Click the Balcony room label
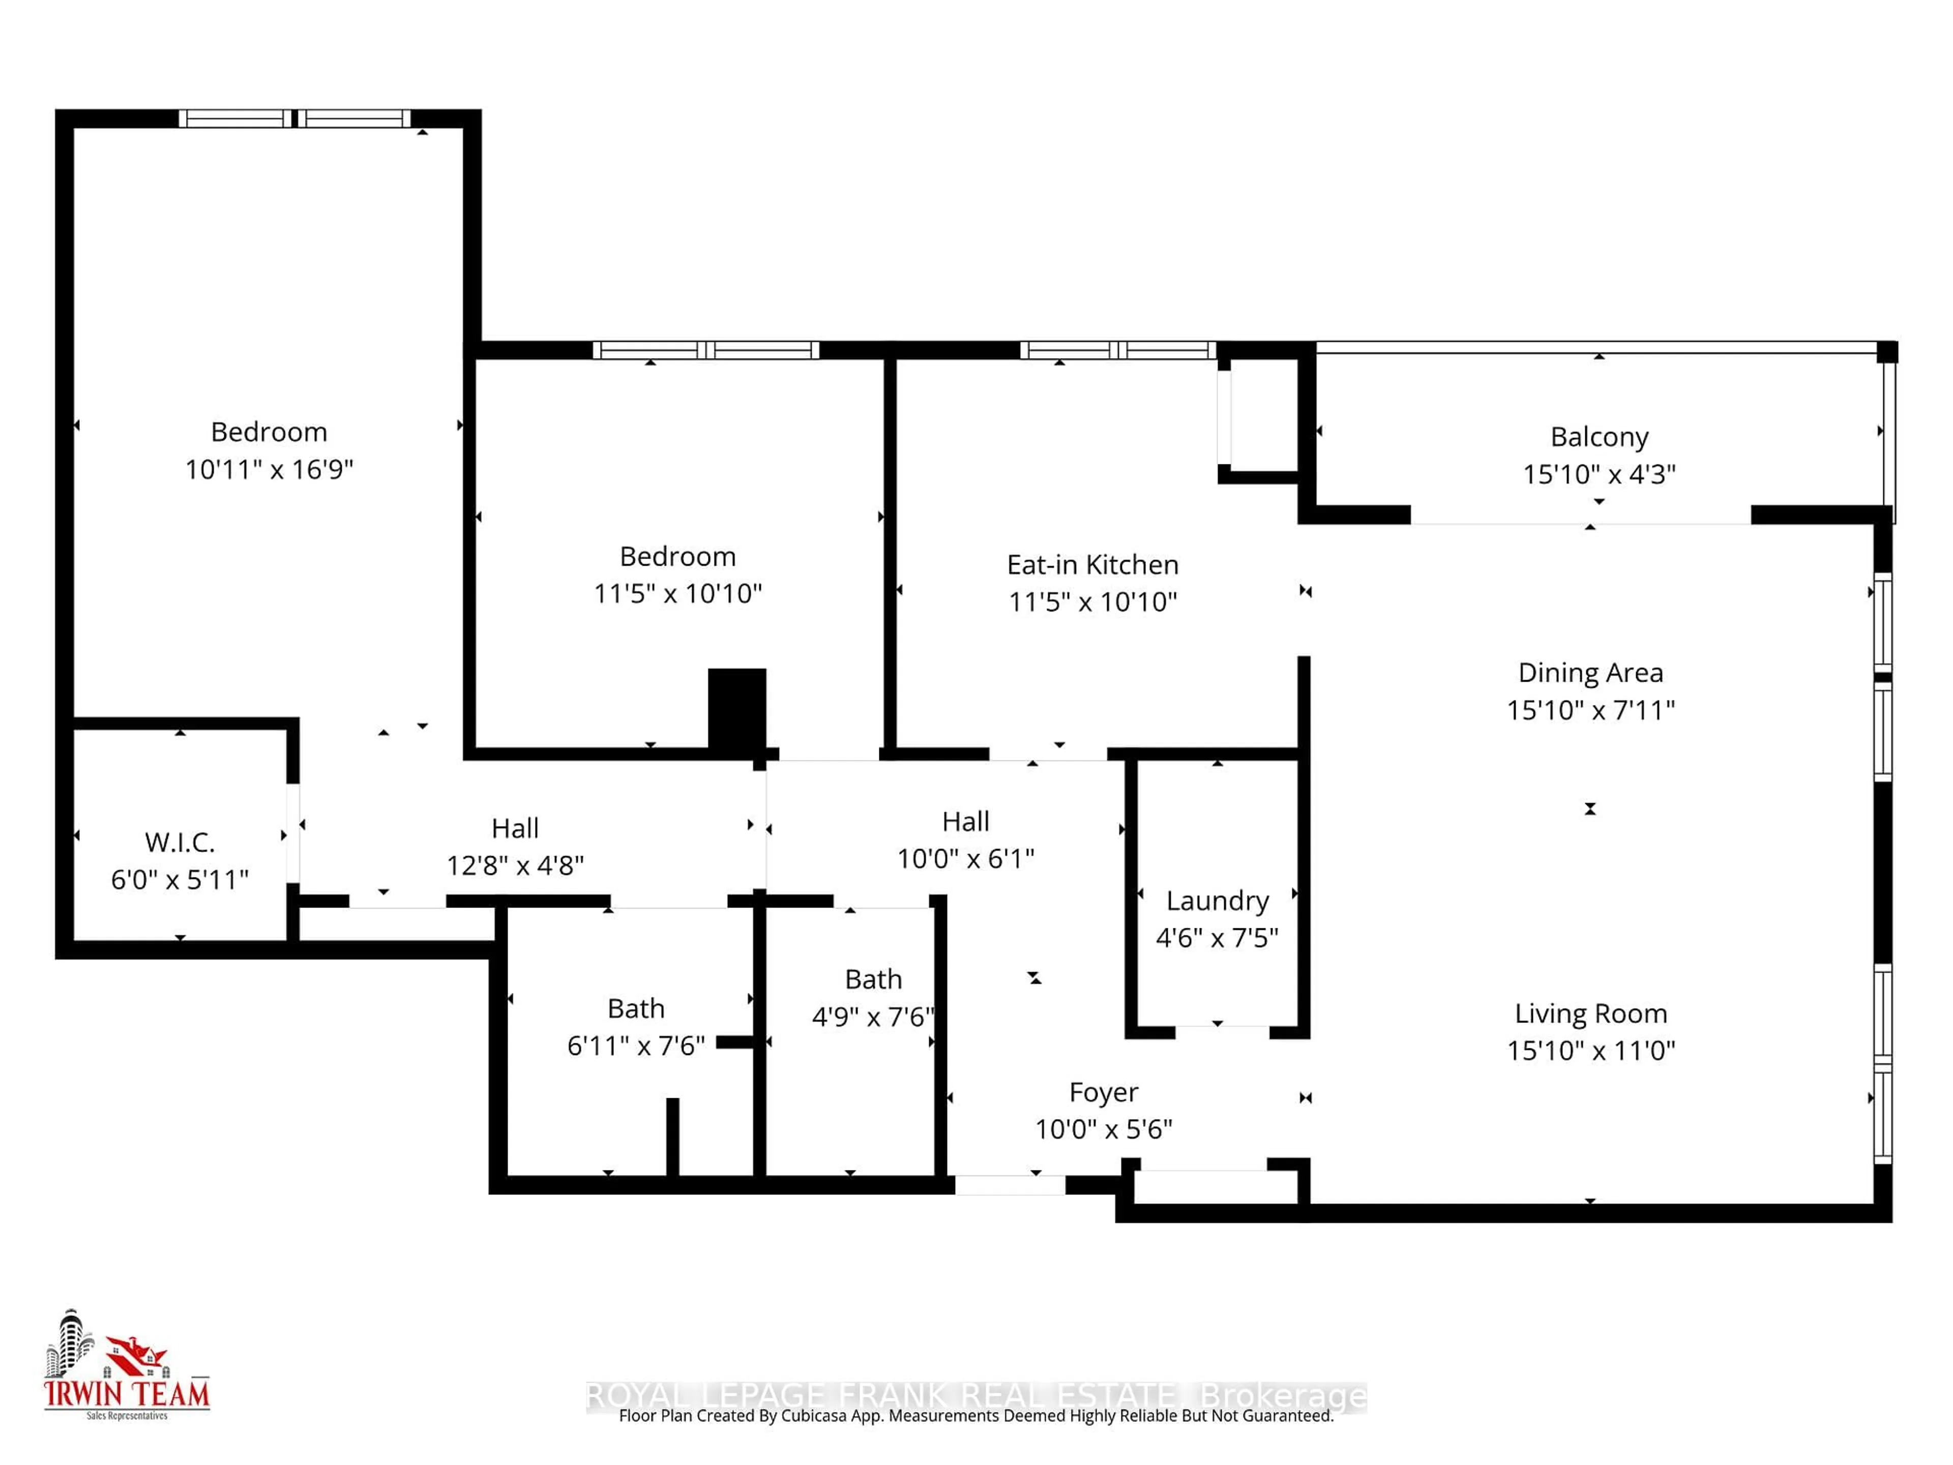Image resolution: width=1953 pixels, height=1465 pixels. pyautogui.click(x=1599, y=437)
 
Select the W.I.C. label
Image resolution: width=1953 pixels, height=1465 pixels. pyautogui.click(x=180, y=842)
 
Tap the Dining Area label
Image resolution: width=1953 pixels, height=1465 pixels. pyautogui.click(x=1590, y=673)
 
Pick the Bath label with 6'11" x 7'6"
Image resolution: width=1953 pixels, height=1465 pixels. pyautogui.click(x=636, y=1008)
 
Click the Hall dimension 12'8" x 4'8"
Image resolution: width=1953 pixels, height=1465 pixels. pyautogui.click(x=515, y=865)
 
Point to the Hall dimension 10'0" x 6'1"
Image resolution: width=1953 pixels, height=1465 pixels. pyautogui.click(x=965, y=858)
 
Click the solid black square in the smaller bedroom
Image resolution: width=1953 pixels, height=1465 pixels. pyautogui.click(x=736, y=708)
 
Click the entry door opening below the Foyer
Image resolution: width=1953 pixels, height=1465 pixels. pyautogui.click(x=1010, y=1185)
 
